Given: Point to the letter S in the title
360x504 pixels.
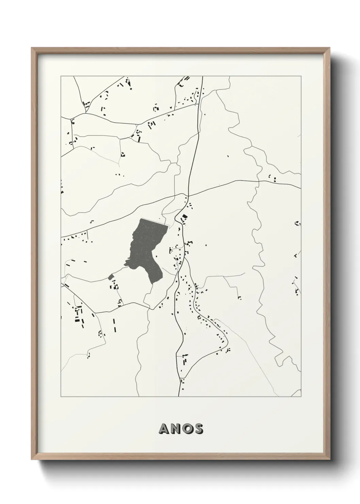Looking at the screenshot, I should [198, 429].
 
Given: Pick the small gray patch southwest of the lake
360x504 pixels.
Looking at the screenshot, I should [110, 277].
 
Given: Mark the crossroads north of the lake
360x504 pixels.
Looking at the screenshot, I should [187, 196].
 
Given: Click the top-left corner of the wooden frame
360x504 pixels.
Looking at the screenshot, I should [32, 48].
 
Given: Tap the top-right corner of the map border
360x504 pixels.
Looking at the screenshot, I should [301, 76].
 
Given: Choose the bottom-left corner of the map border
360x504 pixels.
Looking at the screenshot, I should [61, 397].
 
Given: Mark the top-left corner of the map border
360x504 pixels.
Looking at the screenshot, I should [61, 76].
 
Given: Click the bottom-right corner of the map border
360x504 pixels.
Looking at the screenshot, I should [301, 397].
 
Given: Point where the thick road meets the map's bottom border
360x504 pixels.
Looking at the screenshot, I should [179, 397].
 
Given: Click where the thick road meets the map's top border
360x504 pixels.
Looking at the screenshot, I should [202, 76].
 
